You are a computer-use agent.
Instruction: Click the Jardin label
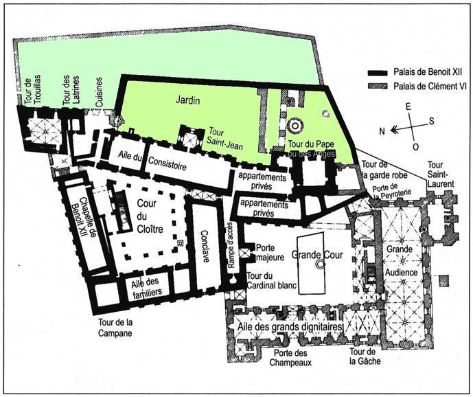[187, 101]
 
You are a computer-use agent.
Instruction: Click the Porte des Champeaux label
[292, 357]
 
